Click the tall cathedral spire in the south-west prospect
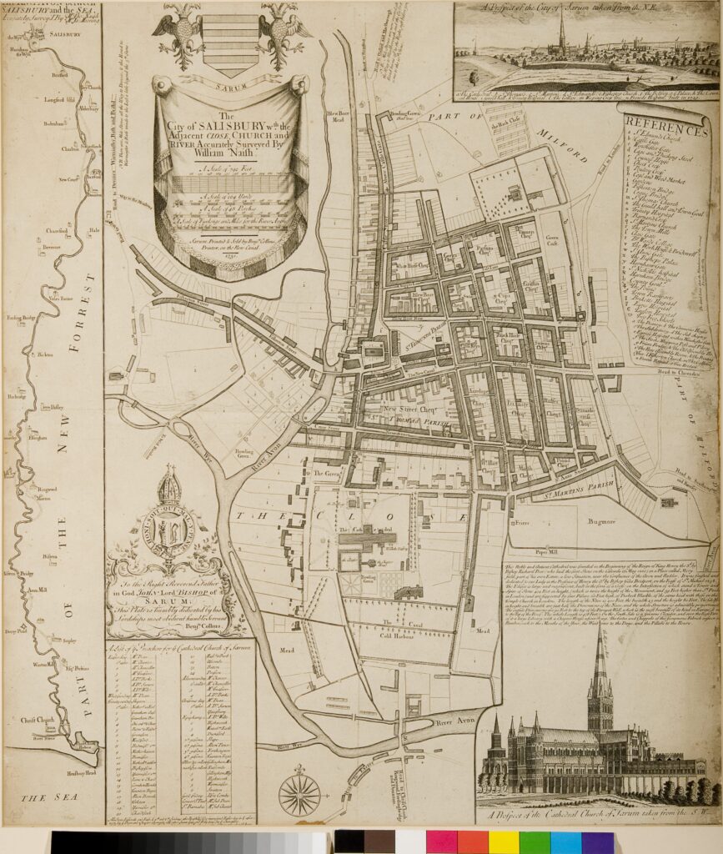tap(600, 667)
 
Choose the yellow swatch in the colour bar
tap(503, 841)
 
